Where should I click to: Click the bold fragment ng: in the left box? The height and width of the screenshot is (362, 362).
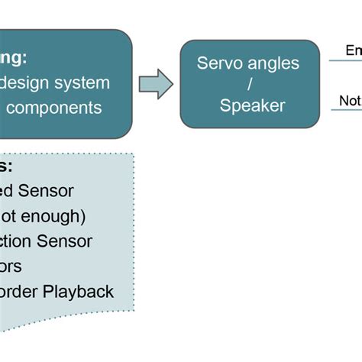14,57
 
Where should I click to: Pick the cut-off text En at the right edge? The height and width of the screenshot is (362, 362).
353,50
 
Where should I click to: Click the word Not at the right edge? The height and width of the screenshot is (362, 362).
350,101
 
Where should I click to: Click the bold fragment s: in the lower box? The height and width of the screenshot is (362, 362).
7,166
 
